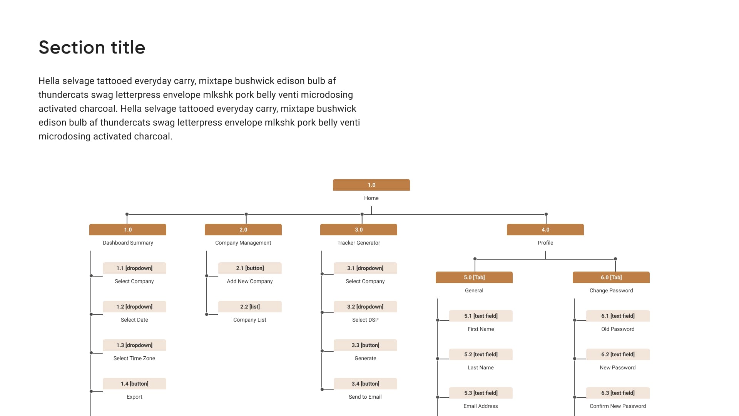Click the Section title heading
pyautogui.click(x=92, y=47)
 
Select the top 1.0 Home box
pyautogui.click(x=371, y=185)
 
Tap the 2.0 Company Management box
pyautogui.click(x=243, y=230)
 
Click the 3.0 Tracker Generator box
pyautogui.click(x=358, y=230)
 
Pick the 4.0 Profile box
pyautogui.click(x=545, y=230)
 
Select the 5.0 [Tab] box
pyautogui.click(x=474, y=277)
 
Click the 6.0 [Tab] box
pyautogui.click(x=611, y=277)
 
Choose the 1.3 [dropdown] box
pyautogui.click(x=134, y=345)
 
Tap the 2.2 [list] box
pyautogui.click(x=250, y=307)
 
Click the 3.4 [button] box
pyautogui.click(x=365, y=384)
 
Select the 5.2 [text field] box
pyautogui.click(x=481, y=354)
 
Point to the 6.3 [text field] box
pyautogui.click(x=618, y=393)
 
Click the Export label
pyautogui.click(x=134, y=397)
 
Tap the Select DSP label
pyautogui.click(x=365, y=320)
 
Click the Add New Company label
pyautogui.click(x=250, y=281)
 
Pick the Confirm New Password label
pyautogui.click(x=618, y=406)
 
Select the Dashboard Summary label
pyautogui.click(x=128, y=243)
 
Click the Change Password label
pyautogui.click(x=611, y=290)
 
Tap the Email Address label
pyautogui.click(x=481, y=406)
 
